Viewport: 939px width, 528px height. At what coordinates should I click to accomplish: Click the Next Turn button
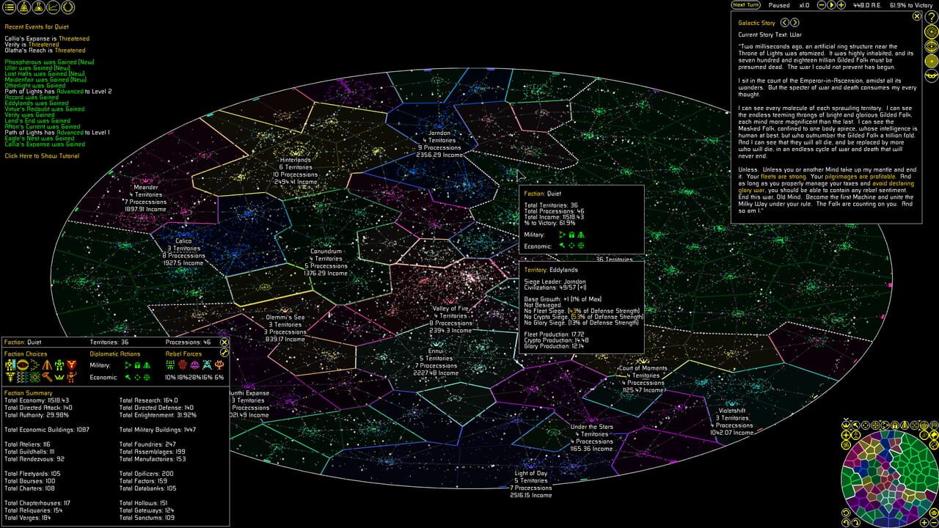[745, 5]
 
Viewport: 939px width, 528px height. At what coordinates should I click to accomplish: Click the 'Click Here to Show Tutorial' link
[42, 156]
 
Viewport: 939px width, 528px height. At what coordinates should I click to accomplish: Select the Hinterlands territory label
[295, 160]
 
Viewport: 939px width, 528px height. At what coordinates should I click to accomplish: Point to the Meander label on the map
[146, 187]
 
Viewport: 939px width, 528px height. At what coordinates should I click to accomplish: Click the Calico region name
[183, 241]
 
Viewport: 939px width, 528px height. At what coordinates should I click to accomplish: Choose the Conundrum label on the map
[326, 252]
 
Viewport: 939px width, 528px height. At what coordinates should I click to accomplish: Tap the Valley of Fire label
[451, 309]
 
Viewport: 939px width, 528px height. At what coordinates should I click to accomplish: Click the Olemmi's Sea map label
[285, 318]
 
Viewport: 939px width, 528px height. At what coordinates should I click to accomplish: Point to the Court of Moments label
[643, 368]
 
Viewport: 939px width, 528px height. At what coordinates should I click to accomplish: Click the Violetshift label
[732, 411]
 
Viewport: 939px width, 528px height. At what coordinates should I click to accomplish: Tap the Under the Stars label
[592, 427]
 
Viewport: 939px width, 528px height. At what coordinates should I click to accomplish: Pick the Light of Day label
[531, 473]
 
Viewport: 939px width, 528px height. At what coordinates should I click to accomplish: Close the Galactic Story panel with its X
[917, 15]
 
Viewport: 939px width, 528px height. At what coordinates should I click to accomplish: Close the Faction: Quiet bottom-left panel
[224, 342]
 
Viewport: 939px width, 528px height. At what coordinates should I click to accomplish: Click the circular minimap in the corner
[888, 474]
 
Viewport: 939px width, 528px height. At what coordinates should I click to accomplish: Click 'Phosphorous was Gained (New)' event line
[50, 62]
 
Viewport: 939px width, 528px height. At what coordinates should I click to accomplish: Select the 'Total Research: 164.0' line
[152, 400]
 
